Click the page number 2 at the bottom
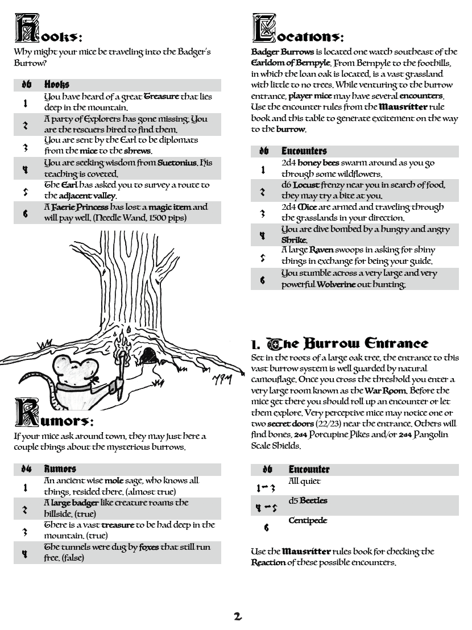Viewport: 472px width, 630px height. coord(238,616)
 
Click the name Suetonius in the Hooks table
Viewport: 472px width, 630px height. coord(178,163)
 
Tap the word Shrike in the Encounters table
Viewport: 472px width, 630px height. coord(294,241)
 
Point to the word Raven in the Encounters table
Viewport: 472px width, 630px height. coord(321,250)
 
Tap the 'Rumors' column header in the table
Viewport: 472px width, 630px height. coord(60,469)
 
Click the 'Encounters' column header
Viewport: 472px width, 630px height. coord(304,151)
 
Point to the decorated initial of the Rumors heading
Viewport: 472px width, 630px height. coord(27,413)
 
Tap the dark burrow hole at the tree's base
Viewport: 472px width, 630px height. coord(149,355)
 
